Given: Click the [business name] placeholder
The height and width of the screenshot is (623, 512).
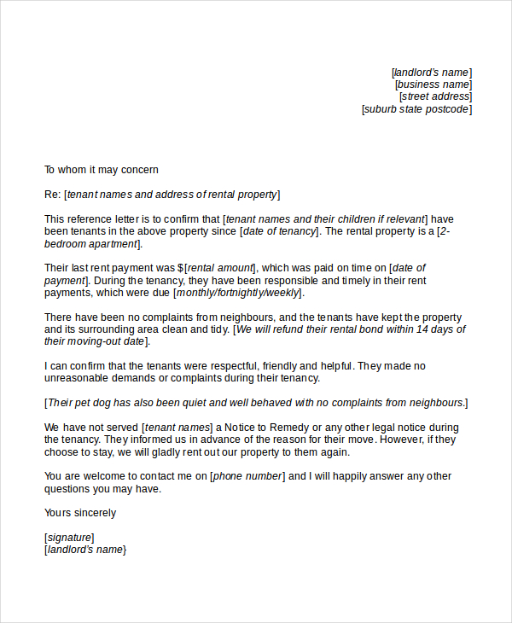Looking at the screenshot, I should [433, 84].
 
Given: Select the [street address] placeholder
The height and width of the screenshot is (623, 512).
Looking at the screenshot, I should [435, 96].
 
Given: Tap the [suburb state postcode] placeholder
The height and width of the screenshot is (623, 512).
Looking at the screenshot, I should [416, 109].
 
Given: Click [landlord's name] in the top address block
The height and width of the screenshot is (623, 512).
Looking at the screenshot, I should [431, 73].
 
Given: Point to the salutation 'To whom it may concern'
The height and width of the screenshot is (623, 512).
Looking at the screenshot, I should [102, 170].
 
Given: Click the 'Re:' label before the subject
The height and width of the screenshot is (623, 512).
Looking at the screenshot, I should [52, 195].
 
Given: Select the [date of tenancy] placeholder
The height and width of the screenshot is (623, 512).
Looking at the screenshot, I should [279, 231].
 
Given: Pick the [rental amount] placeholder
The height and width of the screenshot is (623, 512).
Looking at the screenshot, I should [221, 268].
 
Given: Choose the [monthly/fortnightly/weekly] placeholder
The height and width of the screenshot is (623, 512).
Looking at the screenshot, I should [237, 293].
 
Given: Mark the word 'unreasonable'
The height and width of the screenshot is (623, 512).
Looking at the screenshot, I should [78, 378].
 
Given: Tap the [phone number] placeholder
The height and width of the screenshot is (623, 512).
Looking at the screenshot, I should [247, 476].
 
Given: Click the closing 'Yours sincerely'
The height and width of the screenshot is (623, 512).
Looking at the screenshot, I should [80, 513].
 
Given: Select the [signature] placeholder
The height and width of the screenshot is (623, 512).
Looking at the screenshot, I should [69, 538].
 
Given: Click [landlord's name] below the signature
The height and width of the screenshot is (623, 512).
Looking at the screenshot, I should [84, 550].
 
